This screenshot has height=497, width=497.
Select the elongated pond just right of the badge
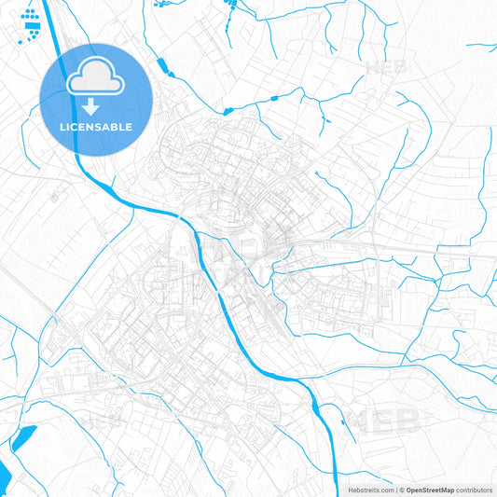[161, 66]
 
